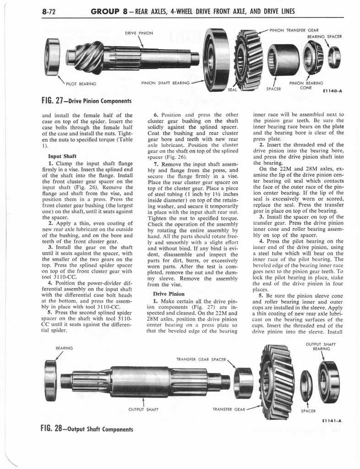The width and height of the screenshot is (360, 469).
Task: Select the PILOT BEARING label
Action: [81, 84]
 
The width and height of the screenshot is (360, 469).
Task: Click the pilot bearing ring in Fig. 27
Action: [53, 56]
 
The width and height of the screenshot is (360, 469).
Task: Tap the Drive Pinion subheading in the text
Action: [169, 294]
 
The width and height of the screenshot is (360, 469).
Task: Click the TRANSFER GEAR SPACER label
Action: [201, 360]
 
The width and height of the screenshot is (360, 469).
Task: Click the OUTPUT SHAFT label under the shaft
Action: [144, 409]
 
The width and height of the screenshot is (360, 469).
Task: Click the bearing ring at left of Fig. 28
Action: [50, 380]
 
